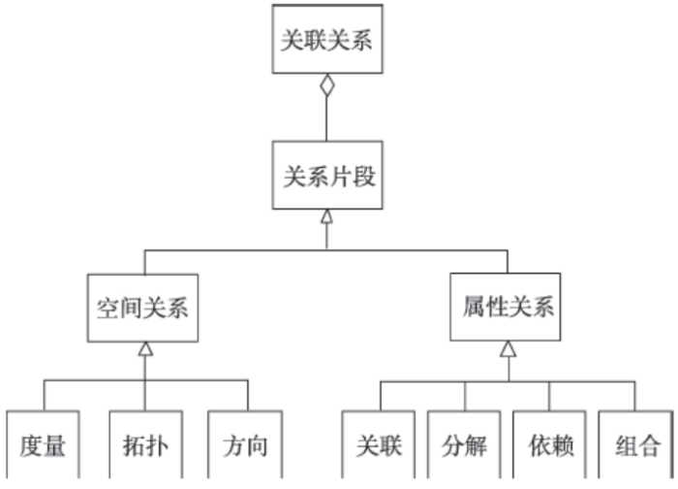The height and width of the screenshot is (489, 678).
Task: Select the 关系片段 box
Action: [x=326, y=178]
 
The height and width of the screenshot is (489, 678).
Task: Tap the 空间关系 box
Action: [x=144, y=309]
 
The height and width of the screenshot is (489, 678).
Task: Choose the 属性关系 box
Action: [x=505, y=309]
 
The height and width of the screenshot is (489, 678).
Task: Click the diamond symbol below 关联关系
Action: [x=327, y=85]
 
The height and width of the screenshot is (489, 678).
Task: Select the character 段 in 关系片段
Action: [x=362, y=178]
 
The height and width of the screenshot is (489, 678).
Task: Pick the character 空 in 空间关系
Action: [x=107, y=309]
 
